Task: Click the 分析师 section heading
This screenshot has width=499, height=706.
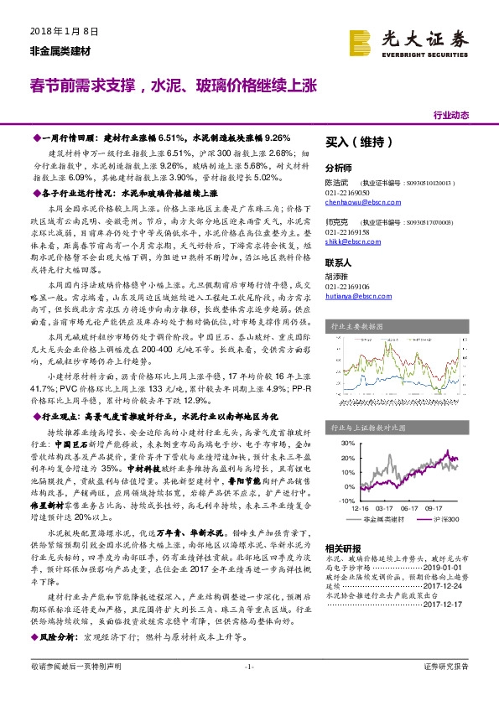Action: [339, 167]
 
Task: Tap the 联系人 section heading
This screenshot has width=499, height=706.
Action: [339, 262]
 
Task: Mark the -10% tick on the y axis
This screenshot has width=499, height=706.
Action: [336, 499]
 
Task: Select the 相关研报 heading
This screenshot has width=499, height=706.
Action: [342, 546]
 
